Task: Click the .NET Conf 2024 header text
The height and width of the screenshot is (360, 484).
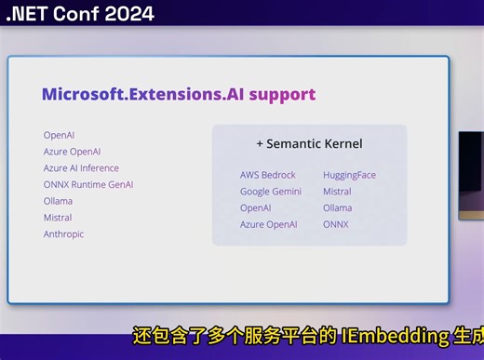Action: coord(79,13)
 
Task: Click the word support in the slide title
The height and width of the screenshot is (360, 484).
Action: coord(282,94)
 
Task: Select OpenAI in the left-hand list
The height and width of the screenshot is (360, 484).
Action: coord(59,135)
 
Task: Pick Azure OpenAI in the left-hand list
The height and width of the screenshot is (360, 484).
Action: coord(72,152)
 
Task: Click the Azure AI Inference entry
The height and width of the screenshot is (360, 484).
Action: coord(81,168)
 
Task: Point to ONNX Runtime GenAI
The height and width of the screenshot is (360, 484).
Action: coord(88,184)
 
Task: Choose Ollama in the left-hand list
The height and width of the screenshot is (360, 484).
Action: coord(58,201)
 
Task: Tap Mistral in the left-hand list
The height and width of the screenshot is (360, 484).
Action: coord(58,218)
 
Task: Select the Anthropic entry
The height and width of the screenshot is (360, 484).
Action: coord(63,234)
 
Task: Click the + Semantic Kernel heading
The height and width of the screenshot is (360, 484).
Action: coord(309,144)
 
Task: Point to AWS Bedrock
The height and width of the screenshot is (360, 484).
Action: coord(267,175)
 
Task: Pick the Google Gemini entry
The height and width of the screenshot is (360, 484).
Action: coord(271,192)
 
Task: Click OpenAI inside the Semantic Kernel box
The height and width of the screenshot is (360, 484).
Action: coord(256,207)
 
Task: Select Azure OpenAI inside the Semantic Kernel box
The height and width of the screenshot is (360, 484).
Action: coord(269,224)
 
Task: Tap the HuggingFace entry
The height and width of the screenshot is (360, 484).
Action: coord(349,175)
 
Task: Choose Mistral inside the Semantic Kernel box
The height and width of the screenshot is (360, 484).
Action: coord(337,192)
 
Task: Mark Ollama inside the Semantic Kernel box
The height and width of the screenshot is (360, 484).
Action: coord(337,207)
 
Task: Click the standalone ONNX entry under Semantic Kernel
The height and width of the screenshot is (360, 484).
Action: coord(335,224)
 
